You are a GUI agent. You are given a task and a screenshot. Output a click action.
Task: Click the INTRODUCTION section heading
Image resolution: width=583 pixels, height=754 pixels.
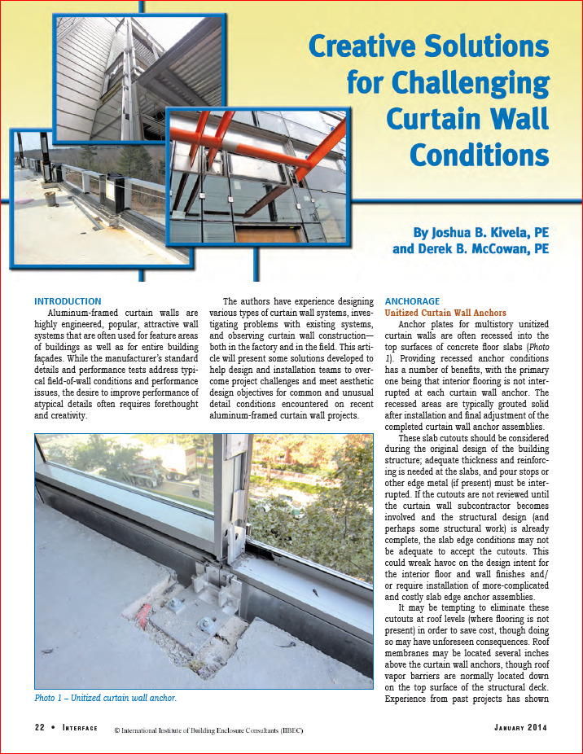pos(68,301)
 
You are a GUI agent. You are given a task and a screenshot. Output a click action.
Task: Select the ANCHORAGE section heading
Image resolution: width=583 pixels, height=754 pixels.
pos(412,301)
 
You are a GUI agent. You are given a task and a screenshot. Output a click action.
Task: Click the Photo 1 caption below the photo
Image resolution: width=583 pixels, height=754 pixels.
pos(106,698)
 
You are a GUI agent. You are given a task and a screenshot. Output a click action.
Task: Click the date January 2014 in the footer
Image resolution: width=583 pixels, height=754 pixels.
pos(520,727)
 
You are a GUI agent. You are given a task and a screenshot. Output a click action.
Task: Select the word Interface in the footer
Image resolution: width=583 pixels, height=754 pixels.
pos(80,727)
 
